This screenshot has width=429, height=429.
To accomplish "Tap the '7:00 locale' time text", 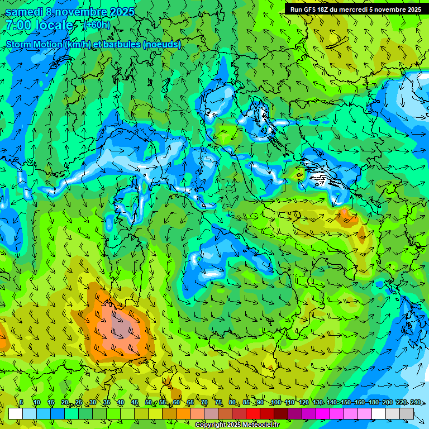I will click(x=39, y=25).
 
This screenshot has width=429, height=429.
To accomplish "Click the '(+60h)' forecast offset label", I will click(x=97, y=25).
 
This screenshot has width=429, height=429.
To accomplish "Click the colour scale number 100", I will click(x=276, y=403).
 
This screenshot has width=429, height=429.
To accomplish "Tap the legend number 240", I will click(x=416, y=403).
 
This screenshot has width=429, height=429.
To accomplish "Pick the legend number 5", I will click(x=21, y=403).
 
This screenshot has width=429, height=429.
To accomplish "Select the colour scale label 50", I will click(x=149, y=403).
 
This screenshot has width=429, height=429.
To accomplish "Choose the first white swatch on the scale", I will click(x=16, y=413).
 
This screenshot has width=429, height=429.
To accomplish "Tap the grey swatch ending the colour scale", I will click(x=407, y=413).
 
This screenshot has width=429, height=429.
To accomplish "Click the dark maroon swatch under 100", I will click(x=281, y=413).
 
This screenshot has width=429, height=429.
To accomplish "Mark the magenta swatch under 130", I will click(x=323, y=413).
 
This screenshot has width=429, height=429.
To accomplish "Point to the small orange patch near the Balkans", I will click(x=346, y=216).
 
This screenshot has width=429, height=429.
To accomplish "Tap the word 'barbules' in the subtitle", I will click(x=121, y=45).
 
